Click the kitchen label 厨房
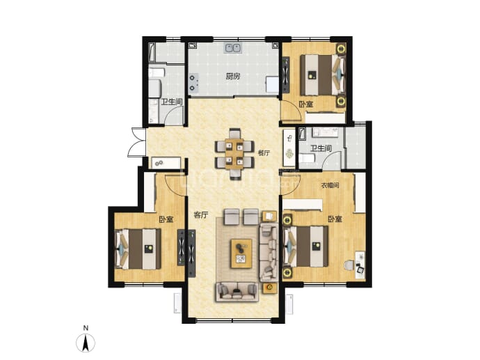[x=232, y=77]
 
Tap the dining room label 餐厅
[x=264, y=153]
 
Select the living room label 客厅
[x=201, y=215]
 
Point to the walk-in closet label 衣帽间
[x=330, y=185]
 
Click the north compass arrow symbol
[x=86, y=343]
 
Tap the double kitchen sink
[x=233, y=48]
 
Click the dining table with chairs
[x=234, y=153]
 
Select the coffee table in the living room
[x=241, y=253]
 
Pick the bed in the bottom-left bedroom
[x=138, y=249]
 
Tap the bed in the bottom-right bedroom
[x=306, y=246]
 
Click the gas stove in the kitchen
[x=193, y=83]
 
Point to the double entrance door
[x=138, y=143]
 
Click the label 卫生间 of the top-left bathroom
[x=172, y=102]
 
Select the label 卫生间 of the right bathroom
[x=321, y=148]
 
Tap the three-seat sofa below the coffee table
[x=237, y=292]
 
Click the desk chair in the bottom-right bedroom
[x=349, y=265]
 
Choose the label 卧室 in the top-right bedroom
[x=306, y=104]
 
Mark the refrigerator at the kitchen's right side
[x=272, y=85]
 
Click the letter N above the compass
[x=86, y=328]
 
